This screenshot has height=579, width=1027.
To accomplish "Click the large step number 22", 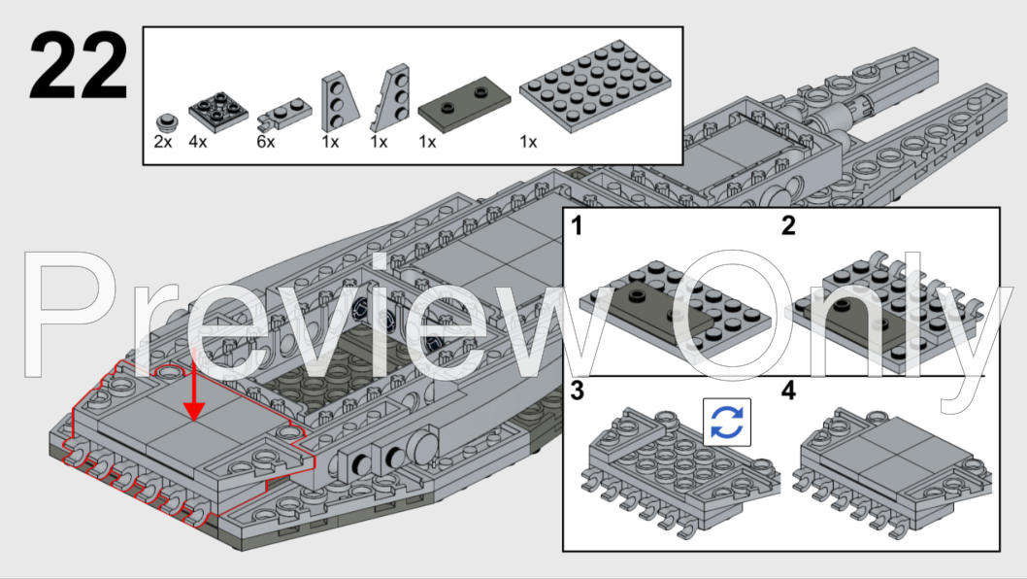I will tap(78, 66).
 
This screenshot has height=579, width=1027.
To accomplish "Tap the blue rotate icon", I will tap(727, 422).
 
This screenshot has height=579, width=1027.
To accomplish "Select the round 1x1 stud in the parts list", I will tap(167, 122).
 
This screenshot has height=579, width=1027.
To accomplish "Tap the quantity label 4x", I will tap(197, 143).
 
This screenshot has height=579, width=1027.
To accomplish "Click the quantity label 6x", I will tap(266, 143).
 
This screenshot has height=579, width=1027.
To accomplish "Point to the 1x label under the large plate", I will tap(528, 143).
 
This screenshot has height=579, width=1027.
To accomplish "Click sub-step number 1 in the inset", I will tap(577, 227).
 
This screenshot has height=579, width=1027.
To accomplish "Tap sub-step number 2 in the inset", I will tap(788, 227).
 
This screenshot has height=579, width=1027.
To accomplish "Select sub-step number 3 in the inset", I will tap(578, 392).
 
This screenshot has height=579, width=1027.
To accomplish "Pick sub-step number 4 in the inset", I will tap(788, 392).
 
